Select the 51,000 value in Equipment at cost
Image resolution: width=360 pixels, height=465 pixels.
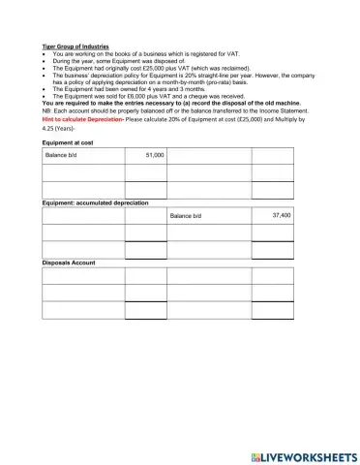[154, 155]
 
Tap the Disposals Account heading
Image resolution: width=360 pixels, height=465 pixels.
[69, 263]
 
